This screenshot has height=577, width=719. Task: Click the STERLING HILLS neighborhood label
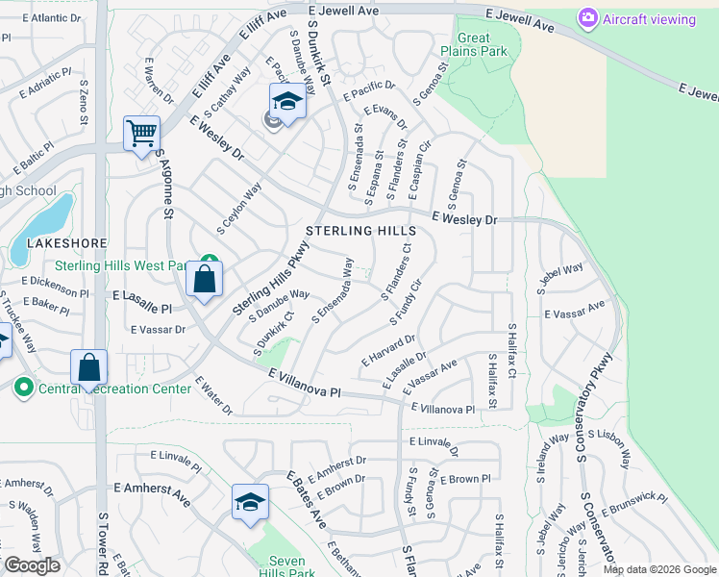pyautogui.click(x=361, y=232)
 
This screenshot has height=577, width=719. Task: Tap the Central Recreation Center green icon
pyautogui.click(x=23, y=389)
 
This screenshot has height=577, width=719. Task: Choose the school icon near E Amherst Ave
pyautogui.click(x=250, y=501)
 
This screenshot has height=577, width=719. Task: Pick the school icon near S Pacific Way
pyautogui.click(x=286, y=99)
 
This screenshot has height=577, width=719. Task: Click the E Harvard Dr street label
pyautogui.click(x=387, y=349)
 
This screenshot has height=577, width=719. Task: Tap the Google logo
pyautogui.click(x=32, y=565)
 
